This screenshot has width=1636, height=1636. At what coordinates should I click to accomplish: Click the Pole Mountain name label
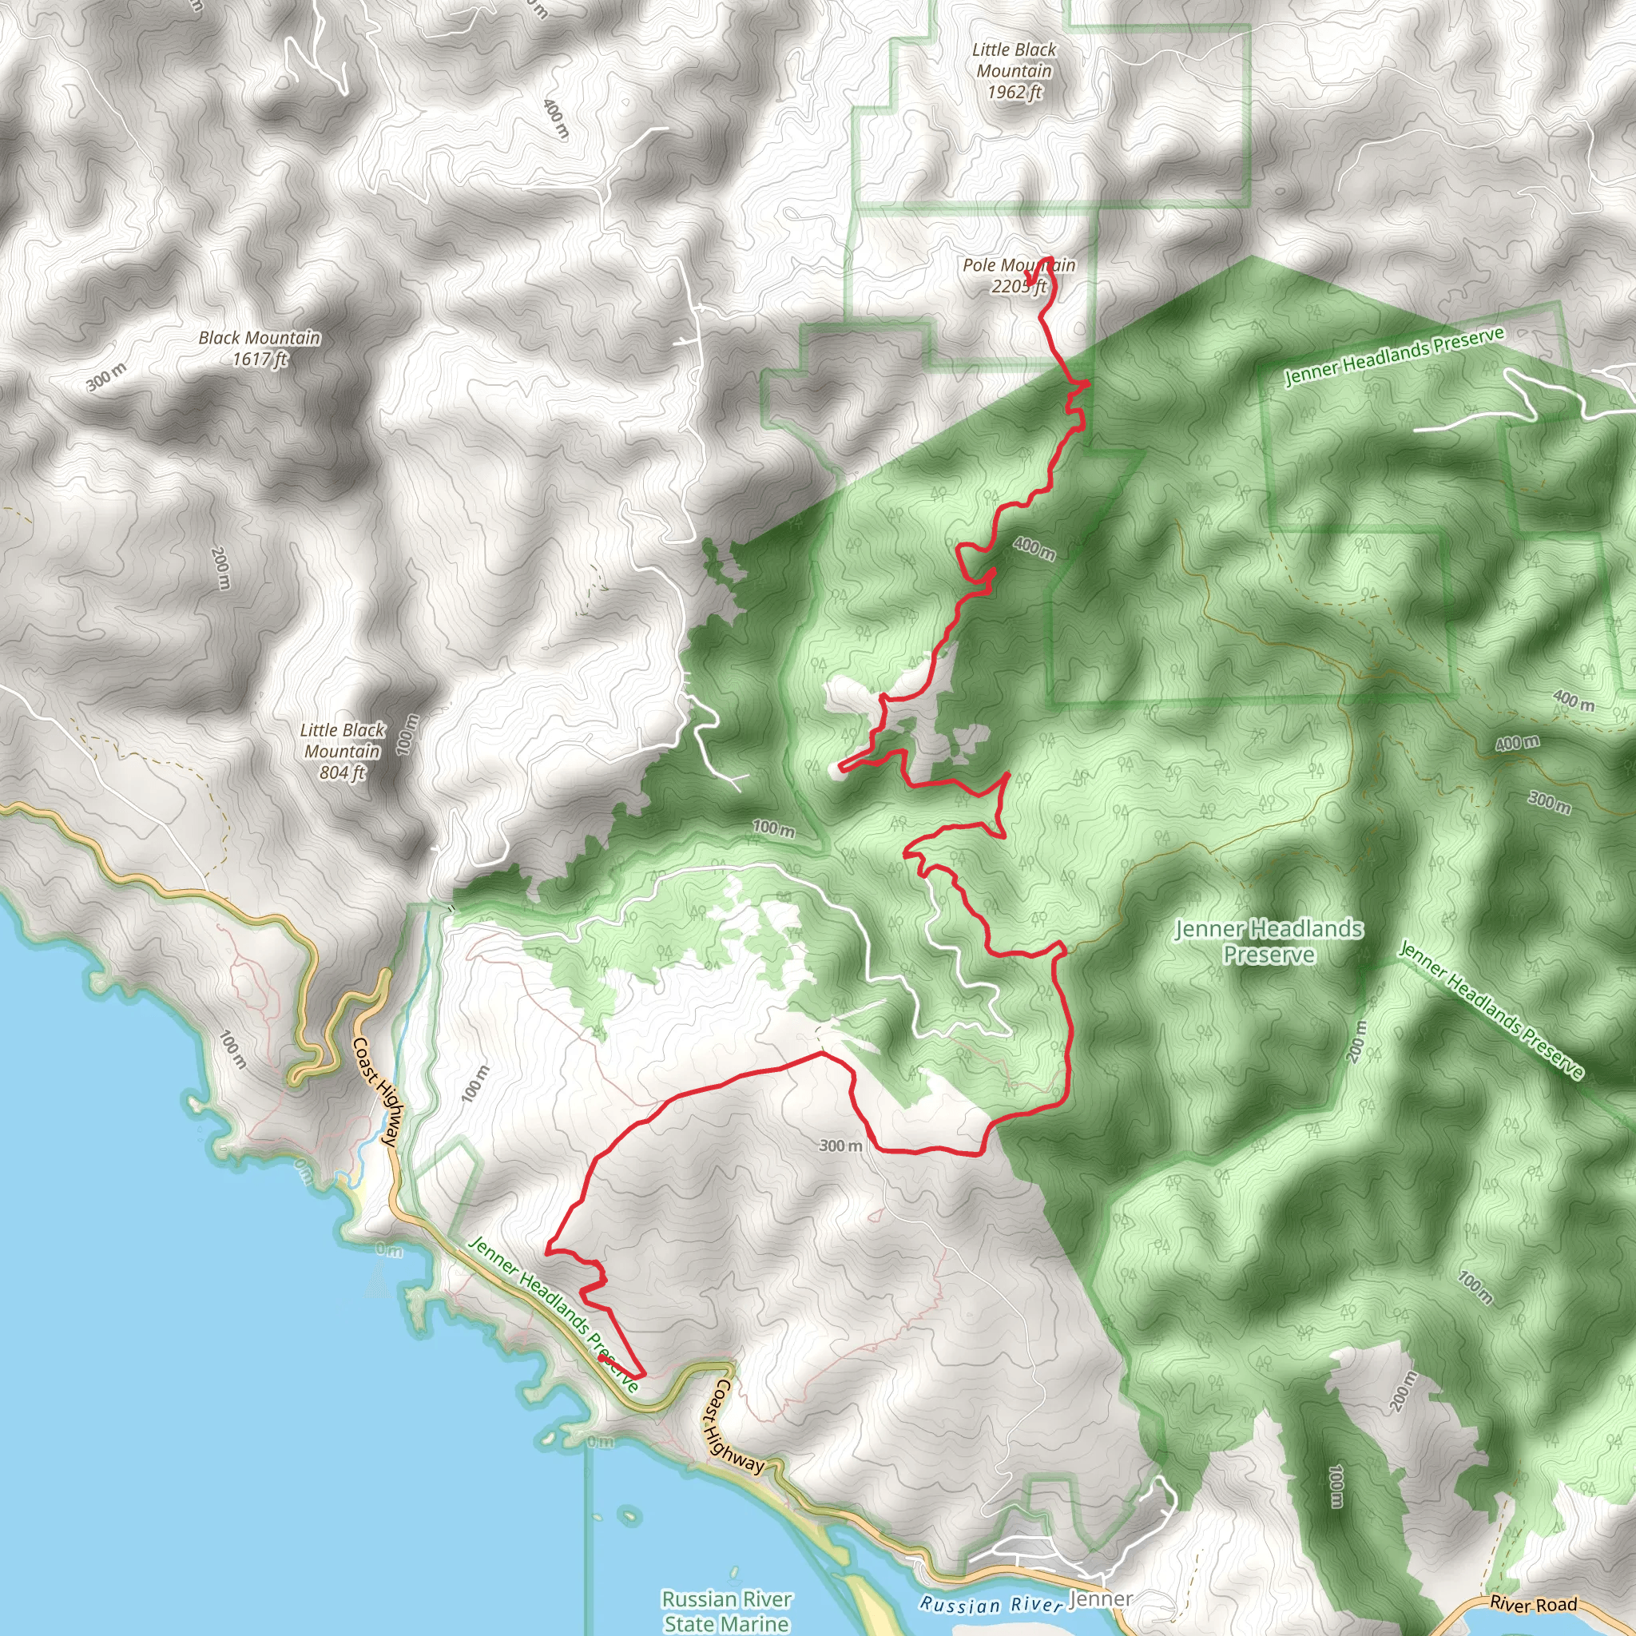pyautogui.click(x=1019, y=265)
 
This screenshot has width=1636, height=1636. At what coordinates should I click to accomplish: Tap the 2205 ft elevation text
pyautogui.click(x=1019, y=287)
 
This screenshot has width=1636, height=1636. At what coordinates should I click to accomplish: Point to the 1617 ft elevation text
pyautogui.click(x=259, y=359)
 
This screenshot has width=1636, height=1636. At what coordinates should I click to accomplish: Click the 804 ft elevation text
pyautogui.click(x=342, y=772)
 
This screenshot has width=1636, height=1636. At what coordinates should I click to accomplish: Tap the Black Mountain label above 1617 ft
pyautogui.click(x=259, y=338)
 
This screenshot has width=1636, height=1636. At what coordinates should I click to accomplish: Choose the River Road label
pyautogui.click(x=1533, y=1605)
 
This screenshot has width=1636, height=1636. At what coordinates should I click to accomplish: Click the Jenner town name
pyautogui.click(x=1100, y=1598)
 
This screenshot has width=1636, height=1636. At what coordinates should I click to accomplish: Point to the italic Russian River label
pyautogui.click(x=990, y=1605)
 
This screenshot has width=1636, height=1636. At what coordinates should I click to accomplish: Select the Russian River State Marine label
pyautogui.click(x=727, y=1611)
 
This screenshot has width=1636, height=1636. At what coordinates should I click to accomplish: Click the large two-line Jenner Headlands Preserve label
pyautogui.click(x=1269, y=942)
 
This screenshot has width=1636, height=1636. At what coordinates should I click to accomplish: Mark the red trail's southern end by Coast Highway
pyautogui.click(x=602, y=1357)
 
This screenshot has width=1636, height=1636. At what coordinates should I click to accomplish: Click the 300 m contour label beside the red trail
pyautogui.click(x=840, y=1146)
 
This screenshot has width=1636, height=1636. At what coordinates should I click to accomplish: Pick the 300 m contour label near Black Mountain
pyautogui.click(x=107, y=376)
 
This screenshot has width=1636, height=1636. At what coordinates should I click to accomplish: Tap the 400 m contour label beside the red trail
pyautogui.click(x=1034, y=549)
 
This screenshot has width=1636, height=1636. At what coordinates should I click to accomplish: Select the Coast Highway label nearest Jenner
pyautogui.click(x=733, y=1425)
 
